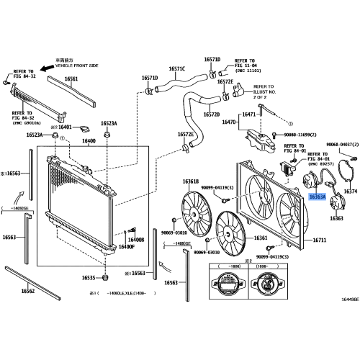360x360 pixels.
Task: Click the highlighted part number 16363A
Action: (318, 196)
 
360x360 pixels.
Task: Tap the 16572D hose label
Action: (210, 114)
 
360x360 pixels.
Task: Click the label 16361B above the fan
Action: (190, 181)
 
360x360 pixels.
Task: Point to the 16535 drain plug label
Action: (89, 277)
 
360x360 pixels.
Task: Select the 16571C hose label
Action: (177, 69)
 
